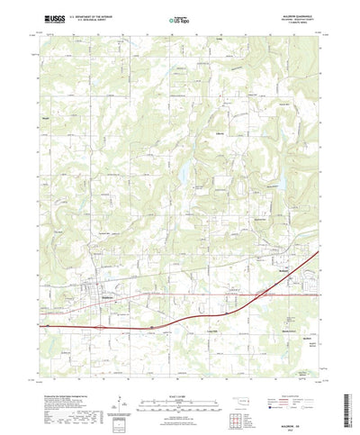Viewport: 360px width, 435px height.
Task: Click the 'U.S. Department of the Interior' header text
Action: point(76,16)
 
